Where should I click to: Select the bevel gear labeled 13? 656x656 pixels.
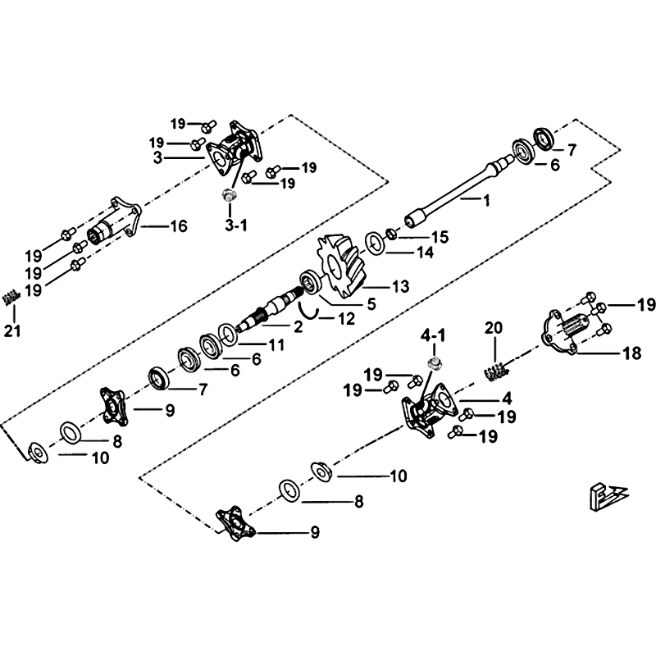342,263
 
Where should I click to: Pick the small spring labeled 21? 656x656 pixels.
11,298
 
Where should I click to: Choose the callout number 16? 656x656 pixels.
178,226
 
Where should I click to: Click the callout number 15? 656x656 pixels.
440,238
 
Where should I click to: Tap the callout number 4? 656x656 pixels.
508,399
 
